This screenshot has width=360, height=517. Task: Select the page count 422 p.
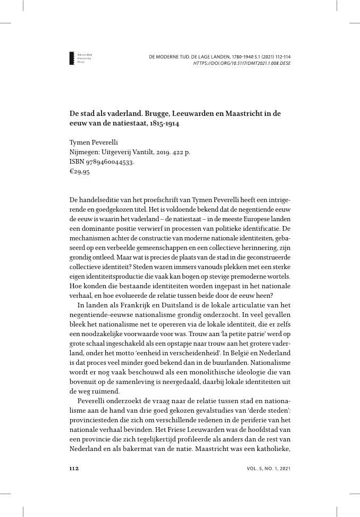pos(181,152)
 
